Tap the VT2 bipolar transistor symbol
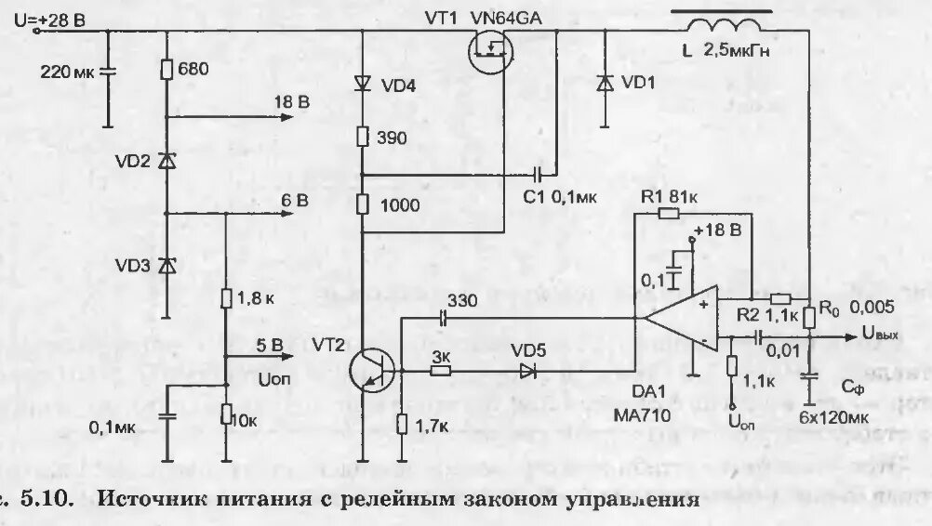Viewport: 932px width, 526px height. click(x=372, y=371)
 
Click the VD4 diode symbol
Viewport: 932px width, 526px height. click(x=364, y=84)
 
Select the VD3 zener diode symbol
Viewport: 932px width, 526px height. click(x=166, y=265)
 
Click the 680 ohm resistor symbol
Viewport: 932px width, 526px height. click(x=166, y=71)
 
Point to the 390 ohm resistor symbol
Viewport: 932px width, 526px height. click(x=364, y=138)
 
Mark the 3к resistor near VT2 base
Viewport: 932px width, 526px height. click(x=442, y=371)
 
